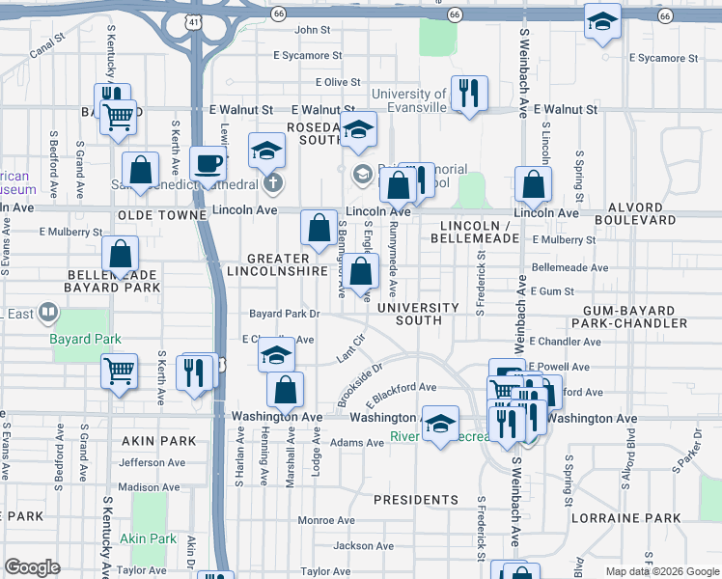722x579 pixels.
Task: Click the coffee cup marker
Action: click(x=208, y=163)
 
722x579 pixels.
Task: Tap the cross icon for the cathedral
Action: click(x=273, y=182)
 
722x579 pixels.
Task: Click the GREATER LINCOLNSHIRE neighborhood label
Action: click(x=277, y=265)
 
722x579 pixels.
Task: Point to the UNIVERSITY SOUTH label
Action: click(x=418, y=314)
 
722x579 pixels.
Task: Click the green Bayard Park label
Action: click(x=86, y=339)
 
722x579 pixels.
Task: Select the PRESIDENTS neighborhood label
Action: click(x=415, y=500)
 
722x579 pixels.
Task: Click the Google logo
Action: click(x=32, y=567)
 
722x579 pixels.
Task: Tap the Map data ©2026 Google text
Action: click(x=661, y=571)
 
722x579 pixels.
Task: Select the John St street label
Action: click(x=313, y=30)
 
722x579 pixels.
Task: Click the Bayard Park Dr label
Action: click(x=284, y=314)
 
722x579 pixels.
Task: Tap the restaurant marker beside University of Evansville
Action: click(x=469, y=94)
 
